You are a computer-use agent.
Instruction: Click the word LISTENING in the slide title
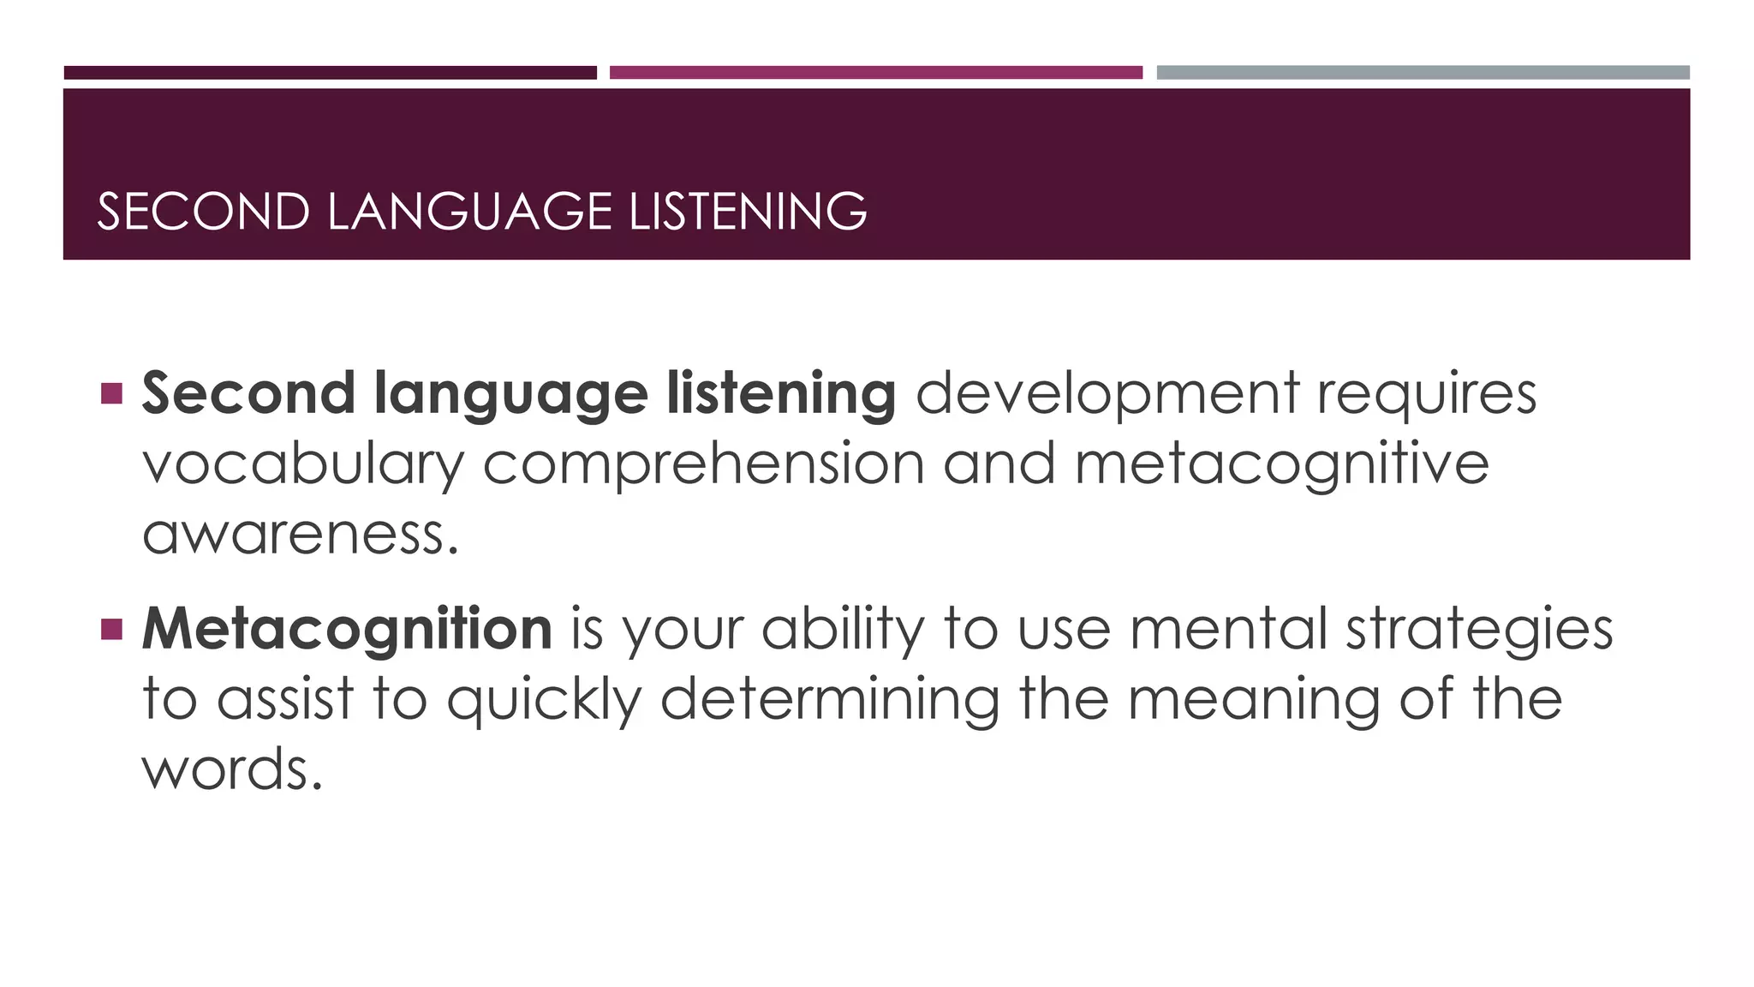[748, 212]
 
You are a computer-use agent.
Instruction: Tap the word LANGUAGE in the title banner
[469, 212]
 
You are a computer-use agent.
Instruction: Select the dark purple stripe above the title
[330, 73]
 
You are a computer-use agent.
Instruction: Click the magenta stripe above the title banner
[875, 73]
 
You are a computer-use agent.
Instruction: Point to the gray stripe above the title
[1423, 73]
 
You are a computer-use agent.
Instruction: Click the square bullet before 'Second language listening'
[111, 393]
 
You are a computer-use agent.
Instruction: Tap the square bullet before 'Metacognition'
[111, 630]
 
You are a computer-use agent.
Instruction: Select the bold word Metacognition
[347, 630]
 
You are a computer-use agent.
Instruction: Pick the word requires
[1426, 394]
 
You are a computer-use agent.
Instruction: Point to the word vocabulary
[302, 464]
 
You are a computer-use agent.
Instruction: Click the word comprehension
[703, 464]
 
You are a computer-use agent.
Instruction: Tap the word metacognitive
[1281, 464]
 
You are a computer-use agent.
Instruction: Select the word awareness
[300, 535]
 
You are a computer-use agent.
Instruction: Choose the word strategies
[1479, 630]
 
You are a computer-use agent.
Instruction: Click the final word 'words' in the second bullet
[231, 769]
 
